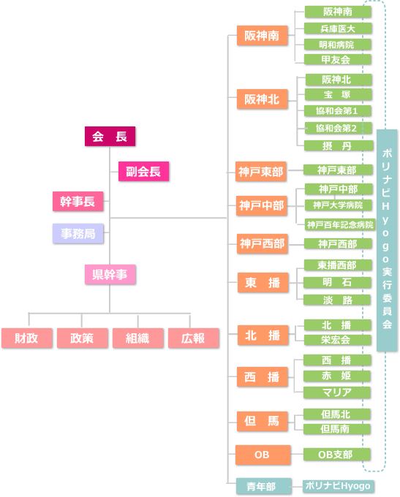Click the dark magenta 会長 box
pos(110,136)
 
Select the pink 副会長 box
pos(143,172)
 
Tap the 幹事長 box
pos(78,201)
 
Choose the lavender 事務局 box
pos(78,234)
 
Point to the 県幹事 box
pos(110,275)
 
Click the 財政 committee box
pos(26,338)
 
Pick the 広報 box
pos(194,338)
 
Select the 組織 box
pos(138,338)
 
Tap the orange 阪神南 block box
pos(262,36)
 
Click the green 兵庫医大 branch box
pos(338,29)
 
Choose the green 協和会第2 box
pos(338,128)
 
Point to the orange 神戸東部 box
pos(261,172)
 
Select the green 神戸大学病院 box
pos(338,205)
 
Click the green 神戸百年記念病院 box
pos(340,224)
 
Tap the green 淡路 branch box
pos(337,300)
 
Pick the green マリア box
pos(337,392)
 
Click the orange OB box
pos(263,455)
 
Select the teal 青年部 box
pos(263,486)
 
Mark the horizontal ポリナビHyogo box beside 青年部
pos(338,486)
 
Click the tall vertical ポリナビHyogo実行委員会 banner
pos(387,240)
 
